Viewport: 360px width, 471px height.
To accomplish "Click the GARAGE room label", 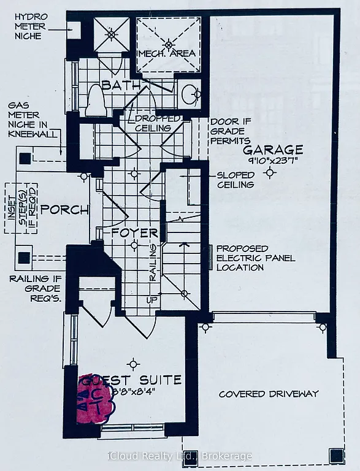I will click(x=273, y=150).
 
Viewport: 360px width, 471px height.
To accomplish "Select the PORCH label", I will click(x=65, y=210).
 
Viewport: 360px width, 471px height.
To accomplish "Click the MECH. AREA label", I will click(x=167, y=53).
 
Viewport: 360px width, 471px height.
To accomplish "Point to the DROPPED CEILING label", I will click(x=158, y=123).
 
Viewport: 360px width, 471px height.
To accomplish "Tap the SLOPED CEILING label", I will click(x=236, y=180).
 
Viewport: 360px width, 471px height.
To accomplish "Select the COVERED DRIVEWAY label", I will click(x=268, y=394).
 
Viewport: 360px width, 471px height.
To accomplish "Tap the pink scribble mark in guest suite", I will click(x=94, y=399).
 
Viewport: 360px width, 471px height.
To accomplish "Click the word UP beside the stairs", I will click(x=151, y=300).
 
